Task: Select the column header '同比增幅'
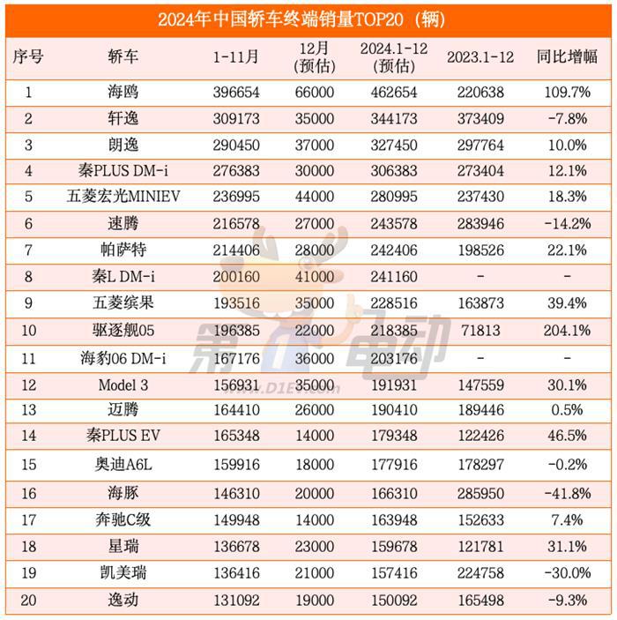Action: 567,57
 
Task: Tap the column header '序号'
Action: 27,57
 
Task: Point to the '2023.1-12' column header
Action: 480,57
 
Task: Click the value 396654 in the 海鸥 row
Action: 236,91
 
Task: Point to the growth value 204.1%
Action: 567,331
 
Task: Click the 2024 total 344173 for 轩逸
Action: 393,117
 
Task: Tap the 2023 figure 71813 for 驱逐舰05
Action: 480,331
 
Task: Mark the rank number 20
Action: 27,600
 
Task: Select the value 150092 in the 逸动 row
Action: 393,600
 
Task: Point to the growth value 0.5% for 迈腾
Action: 567,410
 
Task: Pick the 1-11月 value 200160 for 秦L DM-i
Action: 236,276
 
